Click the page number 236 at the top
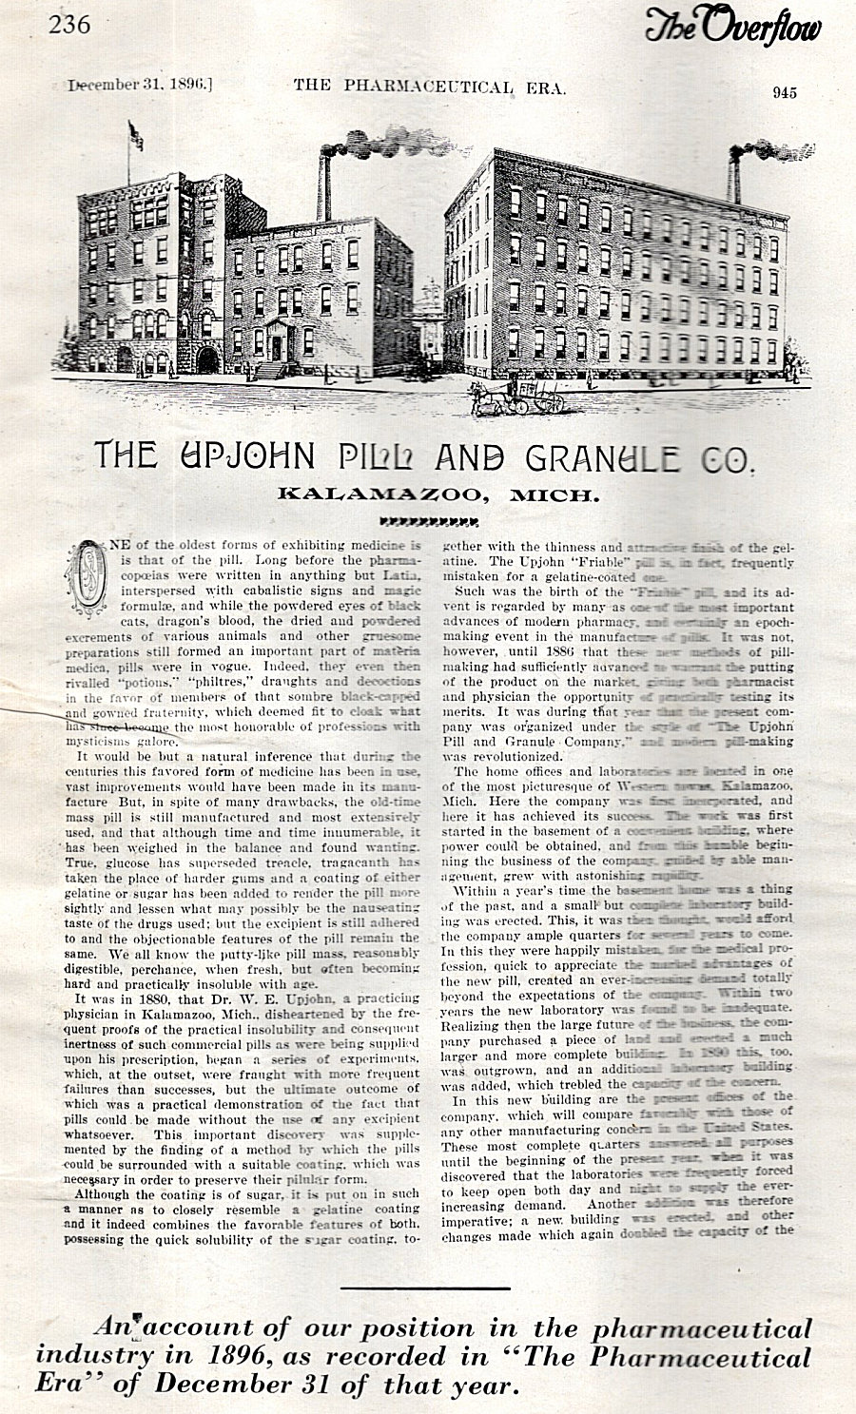70,24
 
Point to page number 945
785,92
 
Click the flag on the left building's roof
136,136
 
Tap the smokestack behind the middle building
325,186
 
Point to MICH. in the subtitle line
554,494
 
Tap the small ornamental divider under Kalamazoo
427,520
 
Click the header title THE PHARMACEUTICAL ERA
430,87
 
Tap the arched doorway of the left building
207,360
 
